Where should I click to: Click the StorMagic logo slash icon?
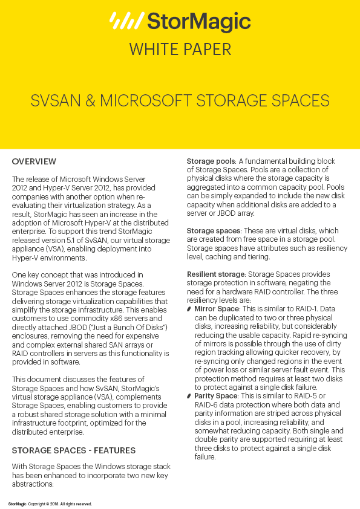click(126, 21)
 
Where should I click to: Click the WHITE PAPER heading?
click(180, 49)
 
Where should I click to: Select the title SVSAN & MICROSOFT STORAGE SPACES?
click(180, 100)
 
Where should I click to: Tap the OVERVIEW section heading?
click(34, 162)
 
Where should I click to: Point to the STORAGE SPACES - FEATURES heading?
click(73, 450)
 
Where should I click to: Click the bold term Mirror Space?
click(217, 309)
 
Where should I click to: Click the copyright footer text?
click(50, 503)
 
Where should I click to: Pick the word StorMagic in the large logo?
click(199, 22)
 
